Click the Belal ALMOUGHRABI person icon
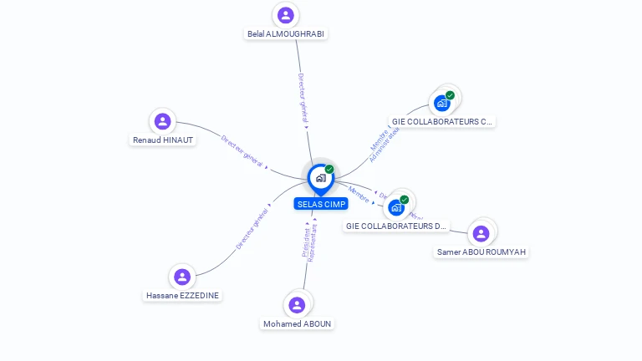[x=286, y=15]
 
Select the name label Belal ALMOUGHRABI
[x=286, y=34]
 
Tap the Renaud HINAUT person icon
[x=162, y=121]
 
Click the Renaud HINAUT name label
[x=163, y=140]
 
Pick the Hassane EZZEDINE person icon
[x=182, y=277]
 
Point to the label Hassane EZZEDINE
[x=183, y=296]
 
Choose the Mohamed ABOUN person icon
[x=297, y=305]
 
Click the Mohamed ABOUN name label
[x=298, y=324]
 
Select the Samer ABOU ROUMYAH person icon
[x=481, y=233]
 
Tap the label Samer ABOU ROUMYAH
[x=482, y=252]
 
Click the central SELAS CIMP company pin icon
[x=320, y=178]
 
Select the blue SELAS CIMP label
[x=321, y=204]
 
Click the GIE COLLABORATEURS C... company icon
[x=442, y=103]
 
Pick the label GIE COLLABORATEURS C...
[x=442, y=122]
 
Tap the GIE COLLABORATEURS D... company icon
[x=397, y=206]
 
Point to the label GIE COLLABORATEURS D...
[x=396, y=226]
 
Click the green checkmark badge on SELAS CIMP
[x=329, y=169]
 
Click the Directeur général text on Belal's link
[x=303, y=99]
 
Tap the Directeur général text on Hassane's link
[x=252, y=228]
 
